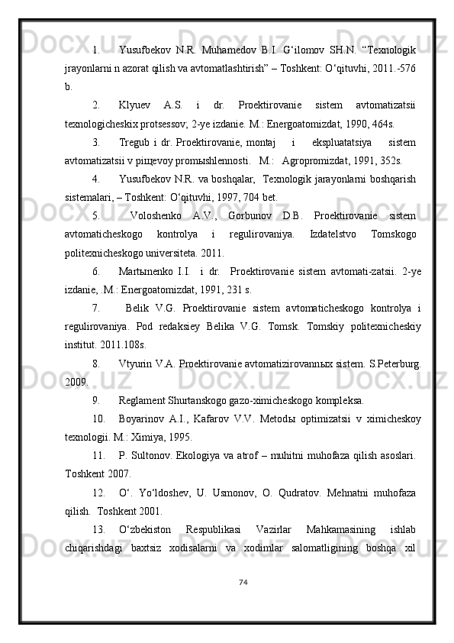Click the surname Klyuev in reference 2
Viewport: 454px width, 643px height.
pyautogui.click(x=135, y=105)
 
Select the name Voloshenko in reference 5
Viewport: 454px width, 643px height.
pyautogui.click(x=159, y=215)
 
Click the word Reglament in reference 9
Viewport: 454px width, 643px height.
pyautogui.click(x=143, y=399)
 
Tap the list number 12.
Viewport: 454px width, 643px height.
pyautogui.click(x=98, y=493)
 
